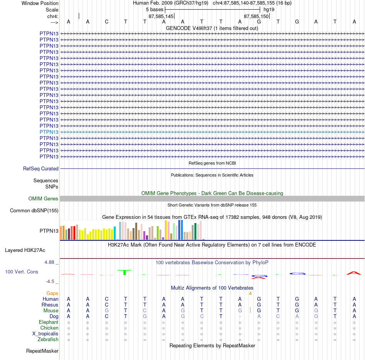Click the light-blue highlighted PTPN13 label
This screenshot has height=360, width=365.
[49, 132]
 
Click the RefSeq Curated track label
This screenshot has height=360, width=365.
[41, 168]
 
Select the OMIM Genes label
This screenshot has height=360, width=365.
[43, 198]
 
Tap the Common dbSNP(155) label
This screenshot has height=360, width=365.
[34, 210]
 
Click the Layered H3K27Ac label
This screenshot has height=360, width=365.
[25, 250]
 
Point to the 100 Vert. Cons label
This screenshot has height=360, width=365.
[22, 272]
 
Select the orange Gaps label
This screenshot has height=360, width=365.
[52, 293]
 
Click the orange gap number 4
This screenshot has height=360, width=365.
[250, 293]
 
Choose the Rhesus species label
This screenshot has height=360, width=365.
[50, 305]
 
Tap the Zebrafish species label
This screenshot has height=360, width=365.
[48, 339]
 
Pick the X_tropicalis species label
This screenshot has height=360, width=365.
[45, 334]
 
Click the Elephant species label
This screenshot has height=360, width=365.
[49, 322]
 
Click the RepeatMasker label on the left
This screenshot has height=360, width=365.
[42, 351]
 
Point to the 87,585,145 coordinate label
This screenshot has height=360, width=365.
[161, 16]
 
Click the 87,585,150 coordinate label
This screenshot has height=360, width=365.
[256, 16]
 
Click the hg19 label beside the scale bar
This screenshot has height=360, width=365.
[269, 10]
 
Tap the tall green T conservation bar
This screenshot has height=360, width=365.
[124, 272]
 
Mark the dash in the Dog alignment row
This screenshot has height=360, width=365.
[240, 317]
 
